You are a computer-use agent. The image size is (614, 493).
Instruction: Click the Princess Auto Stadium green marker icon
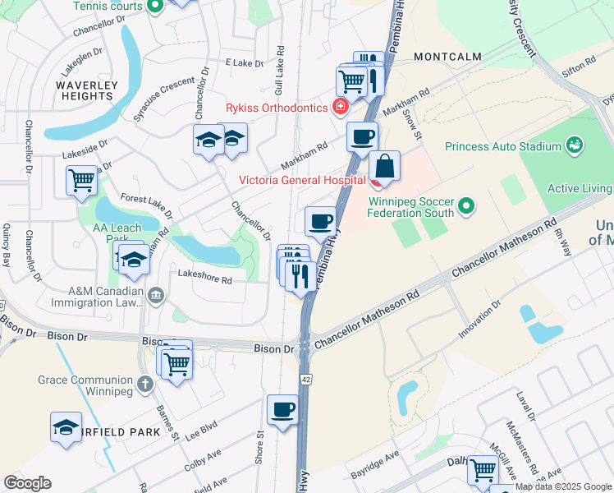pyautogui.click(x=575, y=146)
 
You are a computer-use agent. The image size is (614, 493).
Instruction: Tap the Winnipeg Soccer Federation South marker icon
pyautogui.click(x=466, y=205)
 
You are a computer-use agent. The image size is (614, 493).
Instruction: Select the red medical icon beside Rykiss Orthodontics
pyautogui.click(x=339, y=106)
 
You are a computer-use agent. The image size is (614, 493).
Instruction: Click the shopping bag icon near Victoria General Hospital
pyautogui.click(x=384, y=166)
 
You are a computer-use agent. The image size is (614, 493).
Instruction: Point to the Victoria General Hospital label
pyautogui.click(x=302, y=180)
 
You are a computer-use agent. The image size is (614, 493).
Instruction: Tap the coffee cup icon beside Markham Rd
pyautogui.click(x=361, y=136)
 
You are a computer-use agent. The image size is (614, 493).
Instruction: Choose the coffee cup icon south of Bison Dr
pyautogui.click(x=282, y=409)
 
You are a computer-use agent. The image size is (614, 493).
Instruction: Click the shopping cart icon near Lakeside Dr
pyautogui.click(x=81, y=180)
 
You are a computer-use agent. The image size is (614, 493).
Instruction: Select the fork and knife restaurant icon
pyautogui.click(x=300, y=275)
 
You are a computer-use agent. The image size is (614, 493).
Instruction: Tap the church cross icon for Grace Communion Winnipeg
pyautogui.click(x=144, y=383)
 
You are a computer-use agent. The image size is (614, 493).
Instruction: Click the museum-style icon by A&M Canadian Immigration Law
pyautogui.click(x=155, y=295)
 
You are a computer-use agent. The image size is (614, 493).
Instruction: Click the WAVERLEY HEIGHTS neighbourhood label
pyautogui.click(x=85, y=90)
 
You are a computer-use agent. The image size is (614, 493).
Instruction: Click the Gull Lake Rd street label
pyautogui.click(x=280, y=70)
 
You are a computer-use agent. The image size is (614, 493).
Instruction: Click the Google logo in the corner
pyautogui.click(x=27, y=483)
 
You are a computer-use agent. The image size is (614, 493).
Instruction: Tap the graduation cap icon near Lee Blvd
pyautogui.click(x=66, y=427)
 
